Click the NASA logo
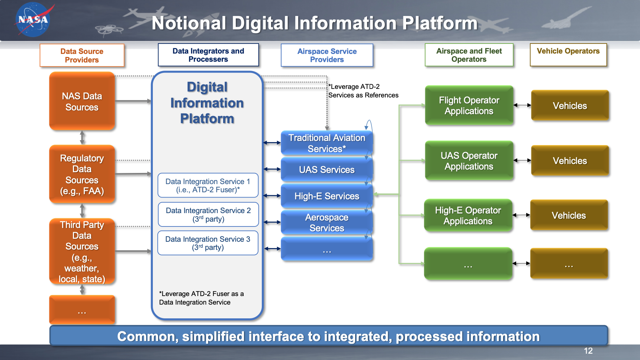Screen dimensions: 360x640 33,20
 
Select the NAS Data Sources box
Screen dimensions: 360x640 82,101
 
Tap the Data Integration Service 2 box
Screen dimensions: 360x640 208,215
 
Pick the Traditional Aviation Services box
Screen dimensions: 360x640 327,143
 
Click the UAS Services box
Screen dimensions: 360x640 327,170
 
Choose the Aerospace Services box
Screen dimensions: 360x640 327,222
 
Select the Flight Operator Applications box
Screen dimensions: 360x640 469,106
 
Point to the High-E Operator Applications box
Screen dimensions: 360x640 468,216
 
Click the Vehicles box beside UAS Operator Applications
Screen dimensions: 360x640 570,161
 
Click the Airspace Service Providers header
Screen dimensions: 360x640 327,55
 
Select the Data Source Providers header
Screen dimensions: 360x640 82,55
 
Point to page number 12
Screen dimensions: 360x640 588,351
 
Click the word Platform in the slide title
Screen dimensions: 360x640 440,23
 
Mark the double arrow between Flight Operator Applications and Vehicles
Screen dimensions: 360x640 522,105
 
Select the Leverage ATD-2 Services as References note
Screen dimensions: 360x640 363,91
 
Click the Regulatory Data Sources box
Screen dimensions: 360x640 82,174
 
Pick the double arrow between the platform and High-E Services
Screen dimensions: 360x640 272,196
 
